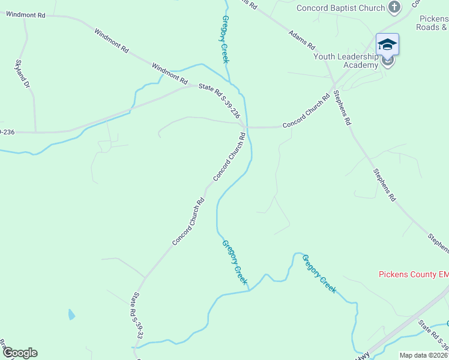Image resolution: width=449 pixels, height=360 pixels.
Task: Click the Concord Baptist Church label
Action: (x=340, y=8)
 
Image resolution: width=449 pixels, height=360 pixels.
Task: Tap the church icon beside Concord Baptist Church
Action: (x=394, y=7)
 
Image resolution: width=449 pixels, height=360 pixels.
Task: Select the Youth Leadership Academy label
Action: (x=346, y=61)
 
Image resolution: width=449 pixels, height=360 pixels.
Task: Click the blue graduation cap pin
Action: (x=387, y=44)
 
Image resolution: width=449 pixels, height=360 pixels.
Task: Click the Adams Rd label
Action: (x=302, y=40)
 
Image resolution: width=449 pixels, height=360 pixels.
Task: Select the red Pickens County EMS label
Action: (x=413, y=275)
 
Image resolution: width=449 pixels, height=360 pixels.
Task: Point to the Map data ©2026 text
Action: (x=423, y=355)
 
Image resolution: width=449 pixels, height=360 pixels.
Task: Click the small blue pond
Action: (x=72, y=314)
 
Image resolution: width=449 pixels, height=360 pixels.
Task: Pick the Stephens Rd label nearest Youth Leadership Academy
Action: (x=342, y=107)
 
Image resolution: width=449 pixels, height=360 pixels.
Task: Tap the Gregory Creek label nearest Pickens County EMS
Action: (x=319, y=273)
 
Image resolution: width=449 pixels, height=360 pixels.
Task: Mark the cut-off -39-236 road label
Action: (x=7, y=131)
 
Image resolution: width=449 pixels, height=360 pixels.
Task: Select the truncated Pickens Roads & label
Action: (x=432, y=23)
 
